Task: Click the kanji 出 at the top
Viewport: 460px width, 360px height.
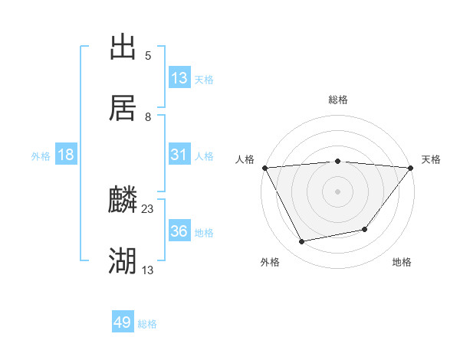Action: coord(123,47)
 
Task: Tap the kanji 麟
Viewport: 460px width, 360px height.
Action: coord(123,201)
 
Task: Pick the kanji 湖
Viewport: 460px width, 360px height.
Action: coord(123,262)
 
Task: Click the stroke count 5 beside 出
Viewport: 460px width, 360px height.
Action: coord(147,55)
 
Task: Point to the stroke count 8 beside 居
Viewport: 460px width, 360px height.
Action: coord(147,116)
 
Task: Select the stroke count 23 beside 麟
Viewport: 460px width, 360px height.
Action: coord(148,209)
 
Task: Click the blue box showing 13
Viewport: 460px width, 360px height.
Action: coord(179,78)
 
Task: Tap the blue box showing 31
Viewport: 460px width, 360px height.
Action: coord(179,155)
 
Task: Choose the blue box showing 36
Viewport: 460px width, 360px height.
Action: coord(179,231)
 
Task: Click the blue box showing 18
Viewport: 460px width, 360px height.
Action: coord(66,155)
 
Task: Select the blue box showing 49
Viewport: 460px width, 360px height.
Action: coord(123,322)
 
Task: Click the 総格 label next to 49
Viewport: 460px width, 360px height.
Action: coord(147,324)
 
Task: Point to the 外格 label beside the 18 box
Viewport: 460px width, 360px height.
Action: coord(41,156)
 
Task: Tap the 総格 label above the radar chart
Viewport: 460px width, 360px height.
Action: coord(338,100)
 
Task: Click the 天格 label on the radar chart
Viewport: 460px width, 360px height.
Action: coord(432,159)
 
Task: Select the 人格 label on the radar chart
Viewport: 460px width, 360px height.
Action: coord(245,159)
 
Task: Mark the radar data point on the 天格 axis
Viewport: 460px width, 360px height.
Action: coord(411,168)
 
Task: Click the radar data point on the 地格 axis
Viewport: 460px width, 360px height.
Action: coord(365,229)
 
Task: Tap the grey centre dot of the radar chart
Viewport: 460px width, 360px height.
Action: coord(338,191)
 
